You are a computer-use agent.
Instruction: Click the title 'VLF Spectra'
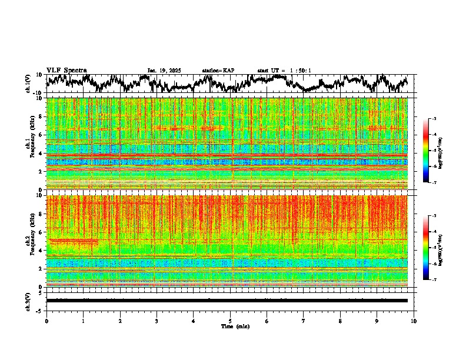[66, 70]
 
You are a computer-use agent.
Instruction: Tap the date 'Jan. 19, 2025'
[164, 71]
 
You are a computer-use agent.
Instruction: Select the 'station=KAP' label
[218, 71]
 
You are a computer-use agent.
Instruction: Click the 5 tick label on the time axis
[230, 321]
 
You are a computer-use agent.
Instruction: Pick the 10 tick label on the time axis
[414, 321]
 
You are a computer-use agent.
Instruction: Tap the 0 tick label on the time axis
[46, 321]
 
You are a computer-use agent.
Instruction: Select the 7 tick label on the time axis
[304, 321]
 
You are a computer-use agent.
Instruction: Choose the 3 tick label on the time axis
[157, 321]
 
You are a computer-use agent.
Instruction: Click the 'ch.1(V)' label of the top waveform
[28, 84]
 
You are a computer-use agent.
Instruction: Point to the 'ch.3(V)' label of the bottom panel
[28, 300]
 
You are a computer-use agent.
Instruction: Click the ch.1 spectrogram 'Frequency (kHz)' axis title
[29, 144]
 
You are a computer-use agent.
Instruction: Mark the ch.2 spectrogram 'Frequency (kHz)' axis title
[29, 241]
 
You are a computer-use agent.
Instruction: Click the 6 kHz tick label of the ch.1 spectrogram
[41, 135]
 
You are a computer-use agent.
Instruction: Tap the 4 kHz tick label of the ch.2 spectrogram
[41, 251]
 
